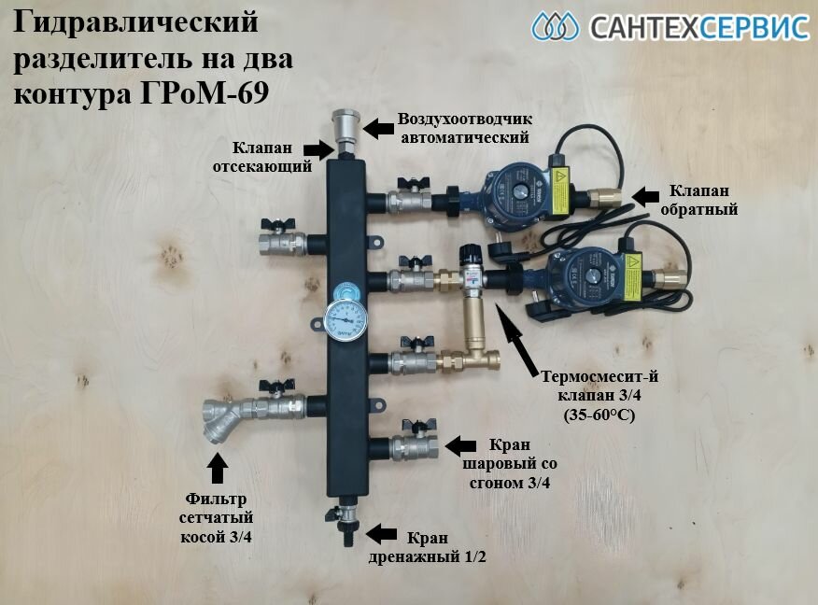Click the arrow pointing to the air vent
pos(376,129)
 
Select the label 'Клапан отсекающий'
pos(272,159)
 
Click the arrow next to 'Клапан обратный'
pos(644,194)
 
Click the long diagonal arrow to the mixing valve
pos(524,338)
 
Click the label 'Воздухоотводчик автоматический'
pos(464,128)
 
